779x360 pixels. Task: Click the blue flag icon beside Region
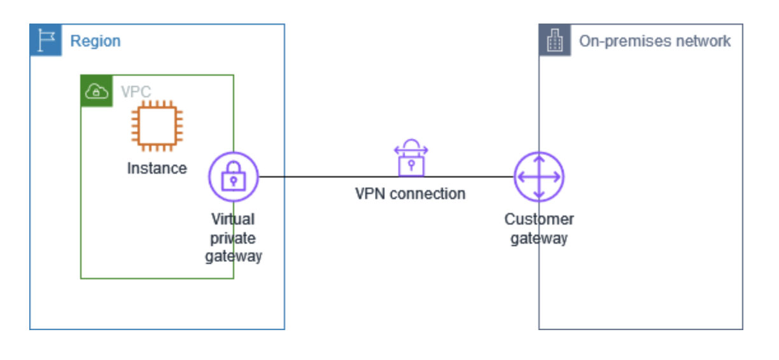pos(46,41)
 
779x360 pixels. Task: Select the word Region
pos(95,41)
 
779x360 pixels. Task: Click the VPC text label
pos(136,92)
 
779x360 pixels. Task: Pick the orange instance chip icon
pos(157,126)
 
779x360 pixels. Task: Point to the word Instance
pos(157,169)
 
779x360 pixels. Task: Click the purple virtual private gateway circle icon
pos(234,177)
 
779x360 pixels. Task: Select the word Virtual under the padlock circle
pos(233,219)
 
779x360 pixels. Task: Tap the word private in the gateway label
pos(233,238)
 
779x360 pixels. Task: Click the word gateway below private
pos(234,256)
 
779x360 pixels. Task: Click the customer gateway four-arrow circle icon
pos(539,177)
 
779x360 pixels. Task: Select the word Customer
pos(539,219)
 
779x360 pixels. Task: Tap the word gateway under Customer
pos(539,239)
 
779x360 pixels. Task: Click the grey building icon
pos(555,41)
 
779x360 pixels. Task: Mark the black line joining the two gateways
pos(331,177)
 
